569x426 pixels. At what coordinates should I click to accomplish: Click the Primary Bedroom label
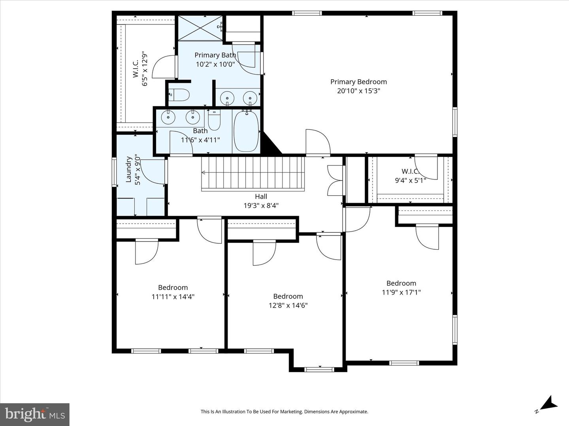pyautogui.click(x=358, y=82)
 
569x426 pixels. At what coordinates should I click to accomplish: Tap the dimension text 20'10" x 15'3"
pyautogui.click(x=358, y=91)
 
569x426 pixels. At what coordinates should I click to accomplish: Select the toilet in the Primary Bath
pyautogui.click(x=179, y=95)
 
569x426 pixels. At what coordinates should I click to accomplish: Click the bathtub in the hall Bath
pyautogui.click(x=246, y=131)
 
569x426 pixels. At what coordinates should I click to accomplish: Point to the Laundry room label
pyautogui.click(x=128, y=170)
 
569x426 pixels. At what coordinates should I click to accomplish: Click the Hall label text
pyautogui.click(x=261, y=196)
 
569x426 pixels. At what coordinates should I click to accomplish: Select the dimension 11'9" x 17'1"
pyautogui.click(x=401, y=292)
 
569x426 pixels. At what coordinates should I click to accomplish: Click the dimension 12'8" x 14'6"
pyautogui.click(x=288, y=305)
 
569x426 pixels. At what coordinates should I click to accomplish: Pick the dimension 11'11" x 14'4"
pyautogui.click(x=173, y=297)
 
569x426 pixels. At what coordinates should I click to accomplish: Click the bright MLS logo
pyautogui.click(x=34, y=414)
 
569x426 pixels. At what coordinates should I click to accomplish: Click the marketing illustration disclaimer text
pyautogui.click(x=284, y=411)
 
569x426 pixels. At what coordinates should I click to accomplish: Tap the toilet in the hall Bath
pyautogui.click(x=215, y=120)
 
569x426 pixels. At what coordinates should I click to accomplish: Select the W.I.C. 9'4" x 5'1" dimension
pyautogui.click(x=411, y=180)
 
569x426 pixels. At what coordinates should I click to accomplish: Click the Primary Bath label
pyautogui.click(x=215, y=55)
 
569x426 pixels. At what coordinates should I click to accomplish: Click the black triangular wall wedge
pyautogui.click(x=271, y=143)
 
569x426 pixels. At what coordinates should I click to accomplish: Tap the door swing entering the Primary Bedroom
pyautogui.click(x=318, y=142)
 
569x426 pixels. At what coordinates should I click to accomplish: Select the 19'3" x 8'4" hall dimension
pyautogui.click(x=261, y=206)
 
